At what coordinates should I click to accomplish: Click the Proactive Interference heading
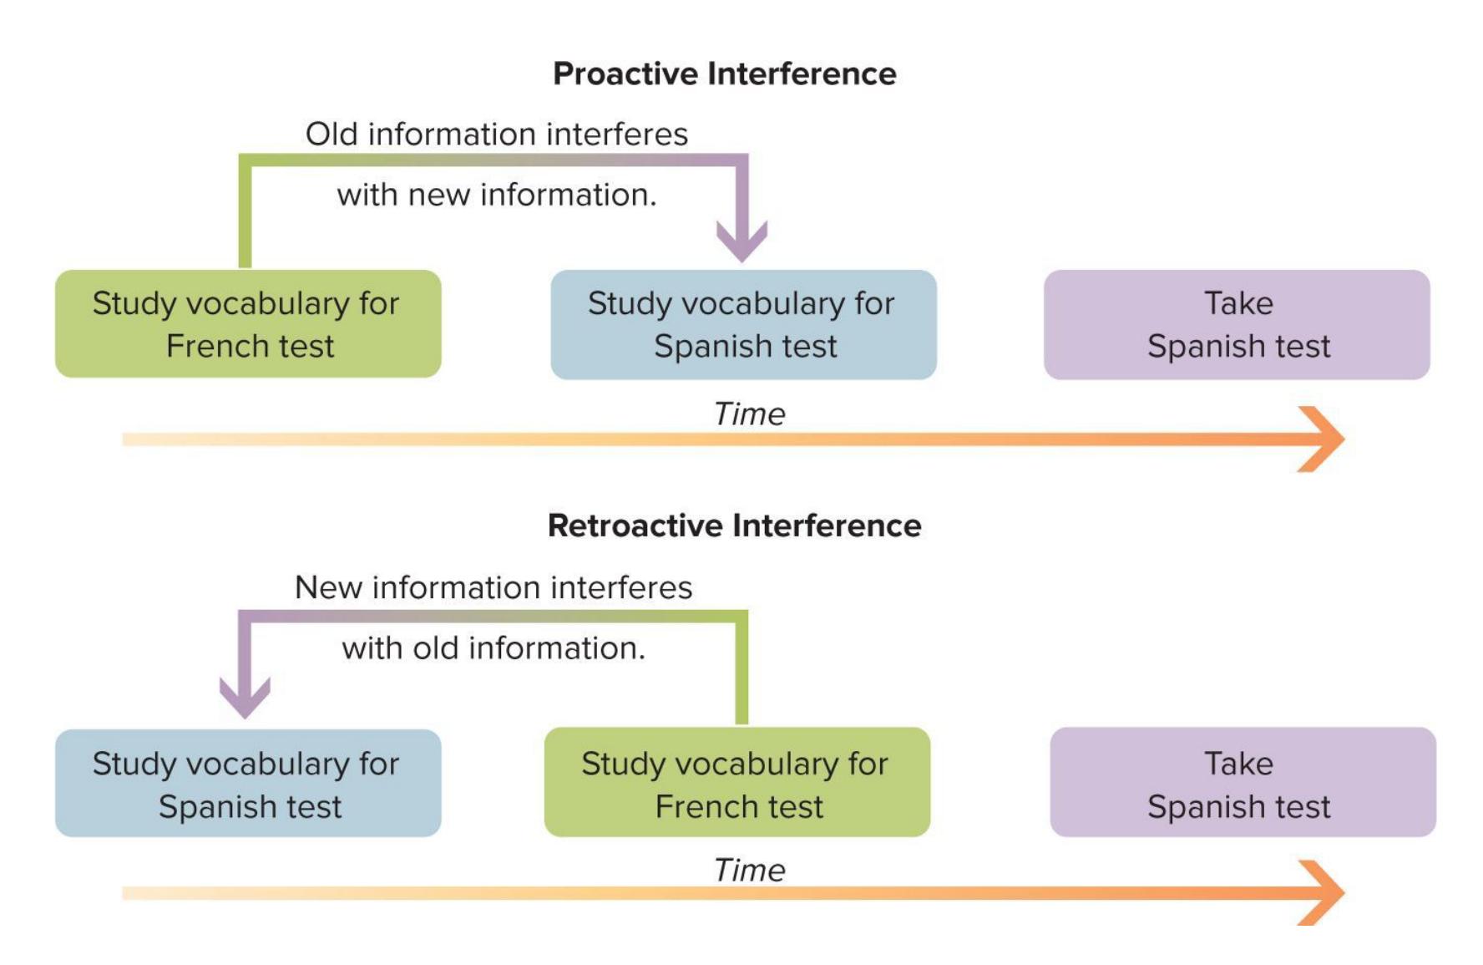[724, 74]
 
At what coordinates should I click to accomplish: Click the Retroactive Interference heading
[734, 526]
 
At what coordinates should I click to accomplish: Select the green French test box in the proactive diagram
[248, 324]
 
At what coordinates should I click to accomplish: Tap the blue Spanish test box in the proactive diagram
[743, 324]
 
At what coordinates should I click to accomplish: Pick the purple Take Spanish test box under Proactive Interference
[1237, 324]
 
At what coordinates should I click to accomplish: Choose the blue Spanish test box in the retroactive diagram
[248, 784]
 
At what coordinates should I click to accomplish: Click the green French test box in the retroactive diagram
[736, 784]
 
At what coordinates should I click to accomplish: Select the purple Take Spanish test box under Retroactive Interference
[1243, 784]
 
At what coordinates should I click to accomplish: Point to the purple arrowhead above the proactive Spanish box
[741, 241]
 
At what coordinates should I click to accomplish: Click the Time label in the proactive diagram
[749, 414]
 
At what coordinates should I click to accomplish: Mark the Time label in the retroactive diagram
[749, 871]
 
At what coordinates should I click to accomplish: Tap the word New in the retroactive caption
[327, 587]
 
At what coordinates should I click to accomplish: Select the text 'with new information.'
[497, 195]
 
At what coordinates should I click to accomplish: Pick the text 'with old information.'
[493, 648]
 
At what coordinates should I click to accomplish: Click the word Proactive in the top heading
[625, 74]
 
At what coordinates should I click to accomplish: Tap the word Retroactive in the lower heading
[635, 526]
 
